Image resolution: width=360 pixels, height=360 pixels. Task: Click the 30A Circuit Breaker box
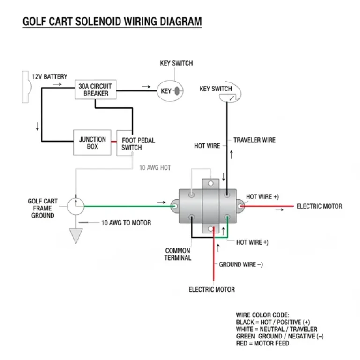[x=96, y=90]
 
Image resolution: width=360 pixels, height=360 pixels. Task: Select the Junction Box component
[x=92, y=142]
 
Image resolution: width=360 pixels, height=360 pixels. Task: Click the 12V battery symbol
[x=26, y=87]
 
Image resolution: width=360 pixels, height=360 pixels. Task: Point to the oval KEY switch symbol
[x=170, y=91]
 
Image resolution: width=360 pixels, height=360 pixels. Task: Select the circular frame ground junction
[x=75, y=206]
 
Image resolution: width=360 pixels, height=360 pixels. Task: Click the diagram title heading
[x=112, y=22]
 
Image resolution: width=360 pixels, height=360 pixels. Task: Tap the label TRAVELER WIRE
[x=254, y=140]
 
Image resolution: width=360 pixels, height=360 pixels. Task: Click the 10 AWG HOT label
[x=155, y=167]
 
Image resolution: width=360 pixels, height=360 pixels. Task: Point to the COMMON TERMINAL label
[x=178, y=254]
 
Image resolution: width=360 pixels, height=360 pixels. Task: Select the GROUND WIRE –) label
[x=240, y=264]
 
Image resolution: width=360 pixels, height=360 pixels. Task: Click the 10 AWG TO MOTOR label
[x=126, y=223]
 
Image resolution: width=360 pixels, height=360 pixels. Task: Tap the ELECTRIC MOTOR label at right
[x=319, y=206]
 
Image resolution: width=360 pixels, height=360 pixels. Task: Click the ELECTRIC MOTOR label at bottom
[x=211, y=289]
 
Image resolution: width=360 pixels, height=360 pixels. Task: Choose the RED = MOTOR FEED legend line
[x=262, y=343]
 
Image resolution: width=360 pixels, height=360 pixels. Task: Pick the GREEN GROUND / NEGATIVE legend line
[x=279, y=336]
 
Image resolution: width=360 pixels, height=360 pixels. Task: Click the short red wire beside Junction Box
[x=114, y=140]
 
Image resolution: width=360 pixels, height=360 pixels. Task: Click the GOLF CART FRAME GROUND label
[x=43, y=208]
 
